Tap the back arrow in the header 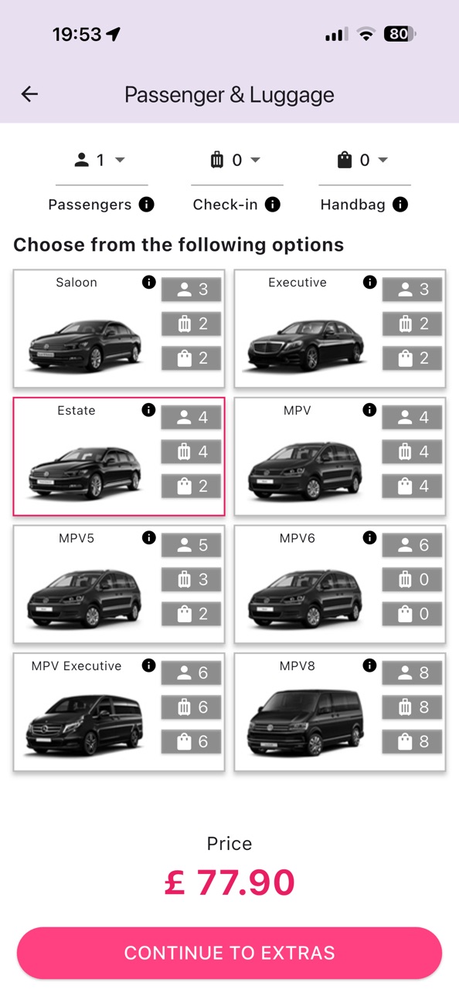point(29,94)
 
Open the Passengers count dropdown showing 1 point(100,160)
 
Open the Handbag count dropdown point(363,160)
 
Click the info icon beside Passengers point(147,205)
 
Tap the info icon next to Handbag point(400,205)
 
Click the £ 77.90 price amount point(229,883)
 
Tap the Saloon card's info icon point(148,282)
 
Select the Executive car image point(305,344)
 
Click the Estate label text point(76,411)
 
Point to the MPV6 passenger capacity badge point(412,545)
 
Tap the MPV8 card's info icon point(369,666)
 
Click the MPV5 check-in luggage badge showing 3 point(191,579)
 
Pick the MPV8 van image point(305,723)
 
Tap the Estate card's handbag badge point(191,486)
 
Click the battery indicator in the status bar point(399,34)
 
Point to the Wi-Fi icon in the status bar point(366,34)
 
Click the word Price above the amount point(229,843)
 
